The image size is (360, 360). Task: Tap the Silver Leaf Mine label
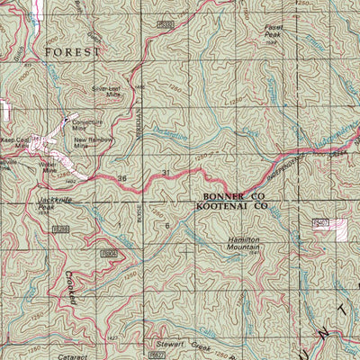(x=106, y=91)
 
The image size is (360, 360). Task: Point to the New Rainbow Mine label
(x=93, y=143)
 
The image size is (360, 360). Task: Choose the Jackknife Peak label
(x=53, y=202)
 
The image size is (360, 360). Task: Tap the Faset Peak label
(x=274, y=31)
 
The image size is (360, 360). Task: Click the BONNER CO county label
(x=232, y=195)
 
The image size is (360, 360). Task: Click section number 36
(x=122, y=180)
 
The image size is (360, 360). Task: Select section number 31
(x=166, y=173)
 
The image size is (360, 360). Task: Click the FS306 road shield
(x=109, y=255)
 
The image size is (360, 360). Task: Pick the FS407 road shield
(x=319, y=221)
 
